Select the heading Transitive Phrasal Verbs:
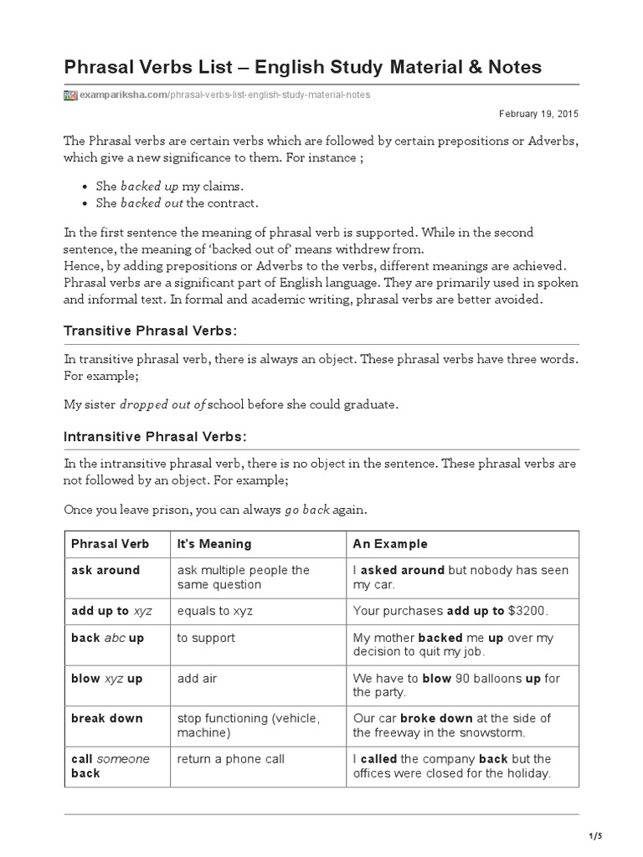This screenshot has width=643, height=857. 151,331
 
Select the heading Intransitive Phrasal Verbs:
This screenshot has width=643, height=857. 156,437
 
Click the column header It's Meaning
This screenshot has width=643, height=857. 214,544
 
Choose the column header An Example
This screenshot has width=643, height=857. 390,544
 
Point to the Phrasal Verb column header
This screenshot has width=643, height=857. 111,544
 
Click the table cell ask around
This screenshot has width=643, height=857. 105,570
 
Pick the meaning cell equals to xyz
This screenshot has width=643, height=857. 215,611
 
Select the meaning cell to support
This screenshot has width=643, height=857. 206,638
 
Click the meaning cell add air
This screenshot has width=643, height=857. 197,678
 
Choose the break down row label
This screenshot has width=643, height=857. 107,718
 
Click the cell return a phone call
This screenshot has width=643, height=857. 231,759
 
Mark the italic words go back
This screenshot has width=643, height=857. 307,510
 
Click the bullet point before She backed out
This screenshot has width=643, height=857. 88,203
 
